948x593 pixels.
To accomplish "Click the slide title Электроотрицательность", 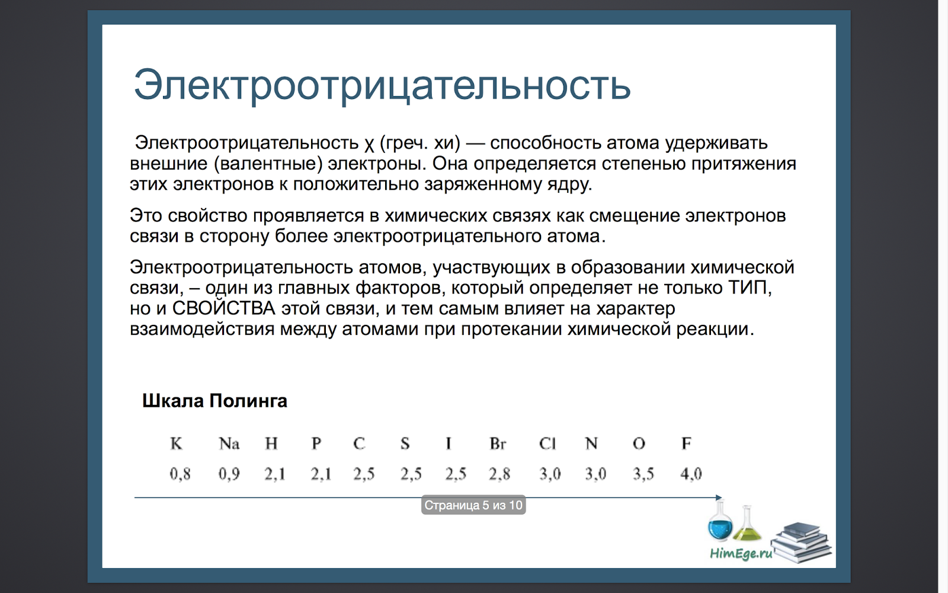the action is coord(382,86).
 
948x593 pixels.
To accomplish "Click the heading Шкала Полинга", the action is coord(214,401).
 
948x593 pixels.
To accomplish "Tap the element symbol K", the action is coord(176,444).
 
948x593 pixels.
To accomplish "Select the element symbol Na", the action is coord(229,444).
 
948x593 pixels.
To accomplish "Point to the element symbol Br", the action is coord(498,444).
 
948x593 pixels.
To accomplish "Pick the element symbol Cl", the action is coord(547,444).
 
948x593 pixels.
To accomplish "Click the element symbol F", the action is coord(686,444).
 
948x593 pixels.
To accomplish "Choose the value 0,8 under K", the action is coord(180,474).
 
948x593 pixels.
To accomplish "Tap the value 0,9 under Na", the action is coord(229,474).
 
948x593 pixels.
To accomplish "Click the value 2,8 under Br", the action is coord(499,474).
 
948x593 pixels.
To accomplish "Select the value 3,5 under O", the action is coord(643,474).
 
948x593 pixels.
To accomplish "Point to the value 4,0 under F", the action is coord(691,474).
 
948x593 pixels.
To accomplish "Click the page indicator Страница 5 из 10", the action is coord(473,505).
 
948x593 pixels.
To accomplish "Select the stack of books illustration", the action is coord(801,542).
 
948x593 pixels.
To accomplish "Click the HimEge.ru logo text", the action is coord(741,554).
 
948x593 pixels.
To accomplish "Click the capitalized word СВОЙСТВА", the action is coord(223,308).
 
